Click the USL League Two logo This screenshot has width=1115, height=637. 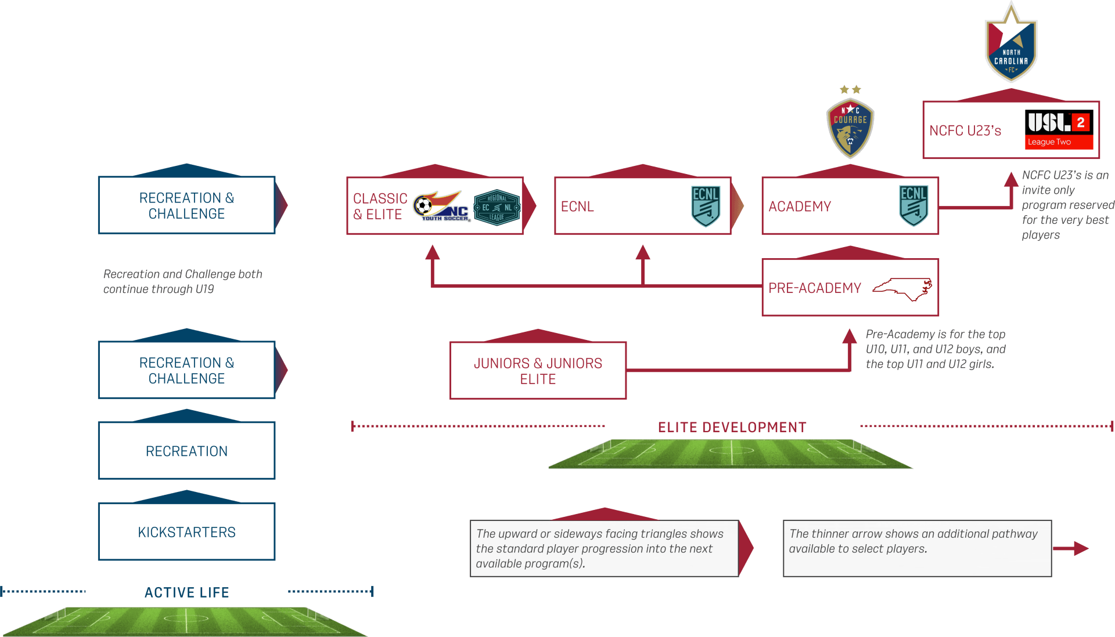pyautogui.click(x=1059, y=129)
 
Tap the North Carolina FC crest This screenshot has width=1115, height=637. pyautogui.click(x=1011, y=42)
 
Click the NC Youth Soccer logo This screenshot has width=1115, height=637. pyautogui.click(x=441, y=206)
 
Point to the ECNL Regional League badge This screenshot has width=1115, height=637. pyautogui.click(x=497, y=207)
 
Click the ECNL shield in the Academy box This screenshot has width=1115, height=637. pyautogui.click(x=913, y=205)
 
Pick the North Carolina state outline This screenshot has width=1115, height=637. pyautogui.click(x=902, y=289)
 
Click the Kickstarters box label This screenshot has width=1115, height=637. pyautogui.click(x=186, y=532)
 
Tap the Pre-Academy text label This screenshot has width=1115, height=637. pyautogui.click(x=814, y=288)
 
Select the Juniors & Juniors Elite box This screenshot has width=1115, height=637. pyautogui.click(x=538, y=370)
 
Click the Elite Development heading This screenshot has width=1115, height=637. pyautogui.click(x=732, y=428)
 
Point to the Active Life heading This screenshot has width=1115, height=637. pyautogui.click(x=187, y=592)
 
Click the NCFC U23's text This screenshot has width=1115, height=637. pyautogui.click(x=965, y=131)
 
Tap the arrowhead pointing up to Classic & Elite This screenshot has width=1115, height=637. pyautogui.click(x=432, y=252)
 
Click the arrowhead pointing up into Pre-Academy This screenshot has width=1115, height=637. pyautogui.click(x=850, y=336)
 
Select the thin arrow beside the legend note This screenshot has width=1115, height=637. pyautogui.click(x=1070, y=548)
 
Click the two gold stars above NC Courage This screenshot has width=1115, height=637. pyautogui.click(x=850, y=90)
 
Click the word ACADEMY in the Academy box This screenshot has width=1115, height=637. pyautogui.click(x=800, y=207)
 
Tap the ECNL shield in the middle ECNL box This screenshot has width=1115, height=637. pyautogui.click(x=706, y=205)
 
